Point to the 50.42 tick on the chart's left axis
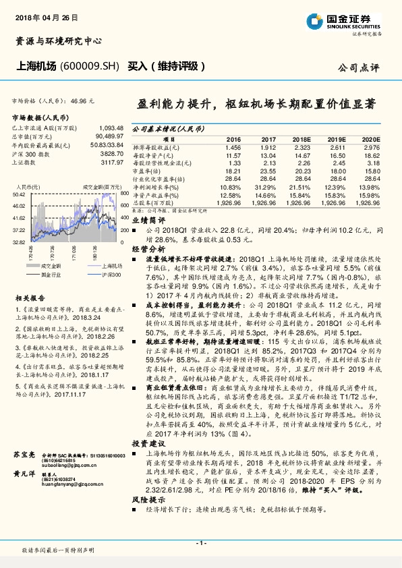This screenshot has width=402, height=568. [x=19, y=194]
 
